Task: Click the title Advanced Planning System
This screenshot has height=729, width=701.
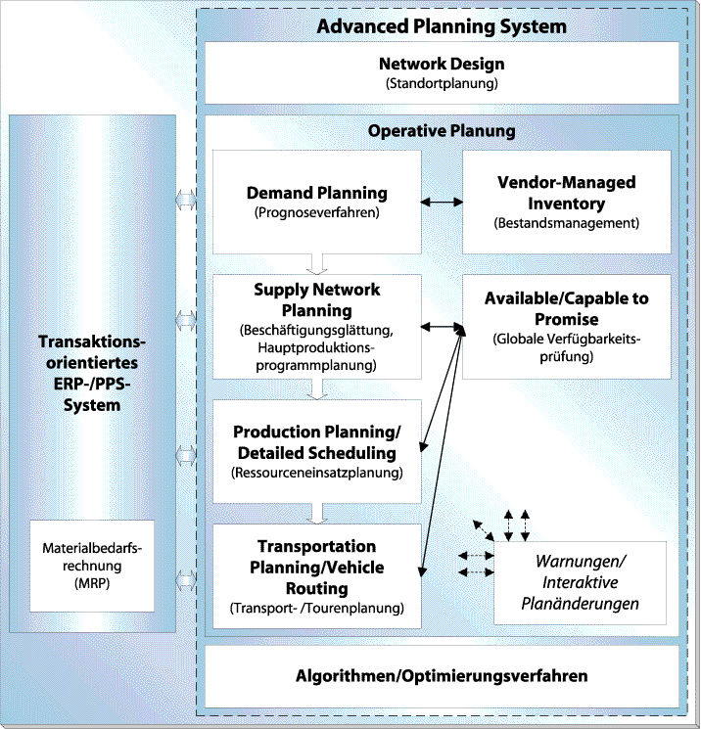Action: (x=442, y=25)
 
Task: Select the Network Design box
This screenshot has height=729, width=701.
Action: (x=442, y=72)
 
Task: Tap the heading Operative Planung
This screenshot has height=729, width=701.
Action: (x=442, y=131)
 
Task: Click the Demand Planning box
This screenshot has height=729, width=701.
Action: (x=316, y=201)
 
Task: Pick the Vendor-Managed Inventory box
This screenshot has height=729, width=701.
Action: (x=566, y=202)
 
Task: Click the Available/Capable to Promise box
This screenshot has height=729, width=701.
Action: (x=566, y=327)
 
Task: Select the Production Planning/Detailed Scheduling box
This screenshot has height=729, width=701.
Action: (x=316, y=451)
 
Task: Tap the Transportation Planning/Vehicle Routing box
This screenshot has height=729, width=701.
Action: (x=316, y=575)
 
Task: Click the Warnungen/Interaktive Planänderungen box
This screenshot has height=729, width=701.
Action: (x=581, y=582)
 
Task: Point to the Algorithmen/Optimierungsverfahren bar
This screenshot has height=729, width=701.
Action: (x=442, y=676)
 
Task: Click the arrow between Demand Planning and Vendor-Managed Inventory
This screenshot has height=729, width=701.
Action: (x=442, y=203)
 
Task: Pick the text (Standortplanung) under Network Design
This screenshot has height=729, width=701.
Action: (x=442, y=84)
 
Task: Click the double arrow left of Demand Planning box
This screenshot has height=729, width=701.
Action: (x=186, y=201)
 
